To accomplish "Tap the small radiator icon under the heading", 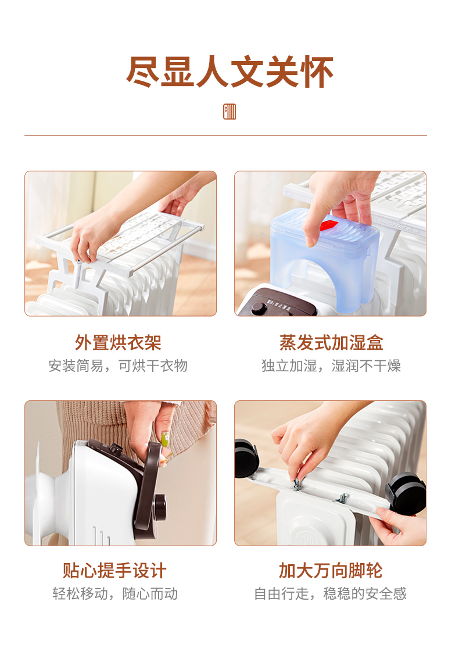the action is pyautogui.click(x=229, y=112).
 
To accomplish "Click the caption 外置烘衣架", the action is pyautogui.click(x=118, y=342).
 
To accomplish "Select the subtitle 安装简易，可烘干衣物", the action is pyautogui.click(x=118, y=365).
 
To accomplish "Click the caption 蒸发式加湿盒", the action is pyautogui.click(x=331, y=342).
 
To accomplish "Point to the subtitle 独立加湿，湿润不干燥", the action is pyautogui.click(x=331, y=365).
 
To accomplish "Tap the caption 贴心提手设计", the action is pyautogui.click(x=115, y=571).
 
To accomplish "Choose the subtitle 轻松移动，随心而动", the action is pyautogui.click(x=115, y=594).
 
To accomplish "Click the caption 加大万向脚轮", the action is pyautogui.click(x=331, y=571).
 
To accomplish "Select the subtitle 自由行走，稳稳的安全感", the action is pyautogui.click(x=331, y=594).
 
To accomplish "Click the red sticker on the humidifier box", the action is pyautogui.click(x=329, y=225).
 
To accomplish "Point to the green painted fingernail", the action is pyautogui.click(x=166, y=439).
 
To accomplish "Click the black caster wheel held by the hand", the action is pyautogui.click(x=406, y=493).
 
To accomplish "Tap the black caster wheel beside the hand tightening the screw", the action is pyautogui.click(x=246, y=458).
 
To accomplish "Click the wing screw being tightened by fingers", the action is pyautogui.click(x=296, y=484).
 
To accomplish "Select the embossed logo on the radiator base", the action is pyautogui.click(x=303, y=536).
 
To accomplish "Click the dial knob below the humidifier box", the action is pyautogui.click(x=259, y=308).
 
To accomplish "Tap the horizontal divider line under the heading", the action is pyautogui.click(x=225, y=135).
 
